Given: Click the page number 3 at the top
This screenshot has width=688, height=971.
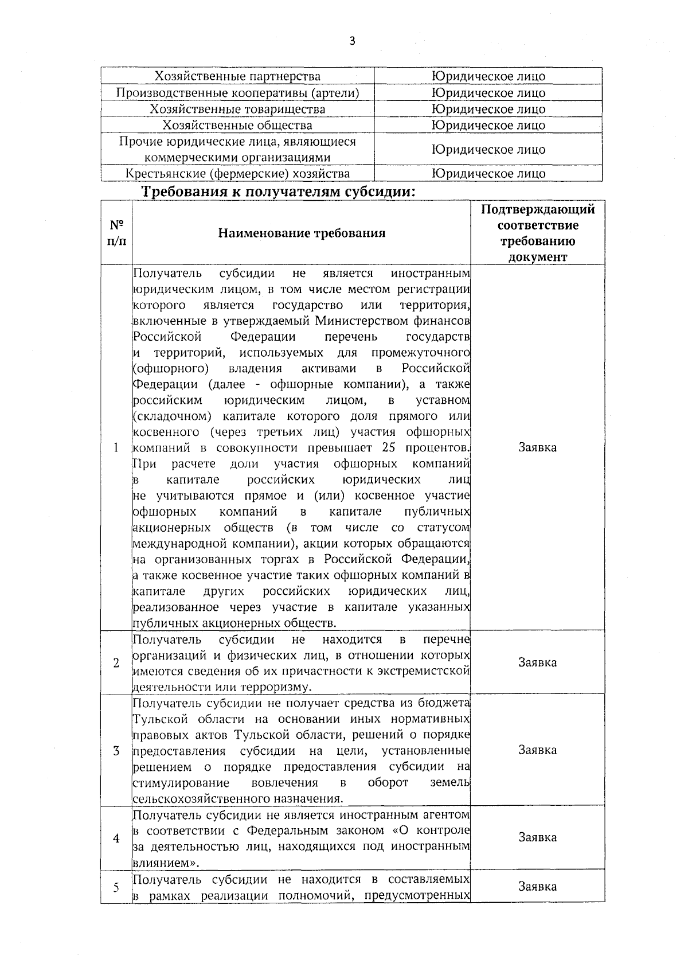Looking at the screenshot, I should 352,41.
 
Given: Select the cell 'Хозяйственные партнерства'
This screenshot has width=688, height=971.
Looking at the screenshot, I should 238,76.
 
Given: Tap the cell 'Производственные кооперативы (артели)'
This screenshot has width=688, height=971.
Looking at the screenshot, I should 238,93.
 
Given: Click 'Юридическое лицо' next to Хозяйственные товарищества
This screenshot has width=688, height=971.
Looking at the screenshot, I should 488,109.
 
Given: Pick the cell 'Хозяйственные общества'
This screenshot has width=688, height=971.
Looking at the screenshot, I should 238,125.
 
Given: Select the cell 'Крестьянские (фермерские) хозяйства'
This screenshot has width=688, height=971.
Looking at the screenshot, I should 238,174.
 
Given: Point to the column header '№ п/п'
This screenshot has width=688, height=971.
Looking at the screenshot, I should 116,232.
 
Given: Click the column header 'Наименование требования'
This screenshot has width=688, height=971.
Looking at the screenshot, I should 302,233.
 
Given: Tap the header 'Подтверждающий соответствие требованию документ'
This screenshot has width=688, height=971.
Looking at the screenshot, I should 537,233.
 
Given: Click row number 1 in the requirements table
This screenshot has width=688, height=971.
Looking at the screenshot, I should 116,448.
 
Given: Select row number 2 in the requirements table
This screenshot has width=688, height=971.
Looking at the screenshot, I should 116,663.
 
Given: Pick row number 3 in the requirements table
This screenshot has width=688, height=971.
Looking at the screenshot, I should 116,751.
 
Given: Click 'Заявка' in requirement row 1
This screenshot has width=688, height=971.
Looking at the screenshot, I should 537,447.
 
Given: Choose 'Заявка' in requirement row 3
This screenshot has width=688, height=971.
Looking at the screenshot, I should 537,750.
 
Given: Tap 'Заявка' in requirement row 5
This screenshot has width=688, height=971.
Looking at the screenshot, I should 537,887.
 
